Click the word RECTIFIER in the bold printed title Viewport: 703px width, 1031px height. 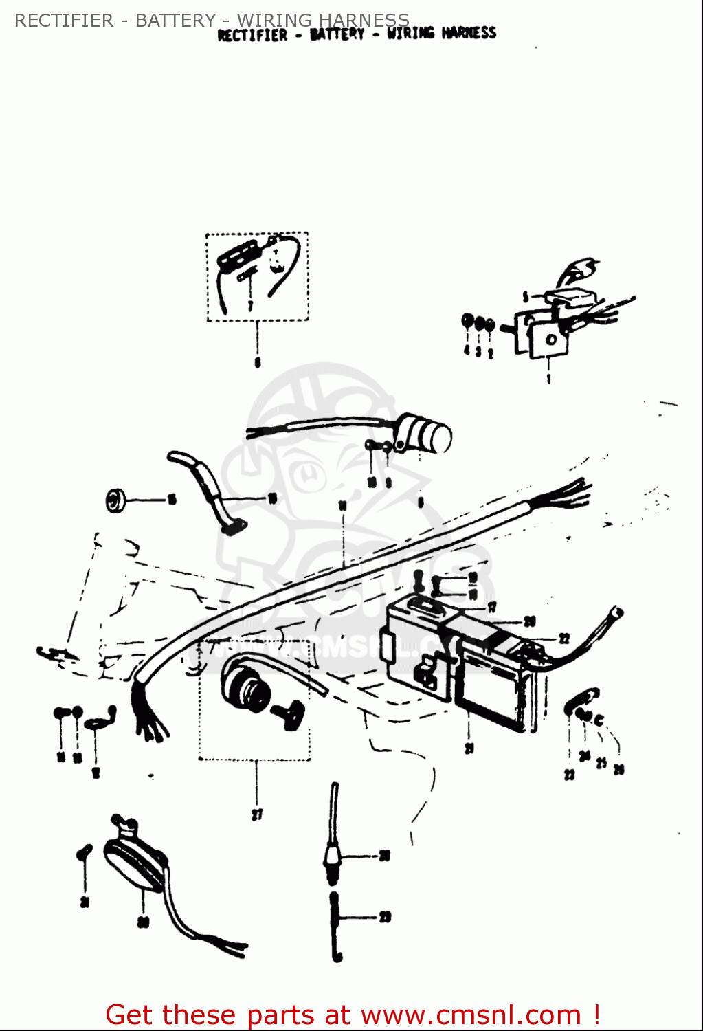252,35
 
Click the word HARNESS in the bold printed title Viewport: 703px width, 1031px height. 469,33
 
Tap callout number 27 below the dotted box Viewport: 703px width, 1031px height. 257,815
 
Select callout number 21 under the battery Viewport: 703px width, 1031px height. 469,749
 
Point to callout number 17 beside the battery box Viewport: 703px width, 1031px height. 492,607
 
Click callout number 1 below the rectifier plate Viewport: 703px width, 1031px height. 548,379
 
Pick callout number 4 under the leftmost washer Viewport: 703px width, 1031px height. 467,351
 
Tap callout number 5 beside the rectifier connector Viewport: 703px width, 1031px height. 526,297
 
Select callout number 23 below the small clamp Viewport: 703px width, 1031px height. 569,775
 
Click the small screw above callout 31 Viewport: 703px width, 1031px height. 84,852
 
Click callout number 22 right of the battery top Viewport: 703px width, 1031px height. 564,639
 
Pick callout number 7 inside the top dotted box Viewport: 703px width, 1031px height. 251,304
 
